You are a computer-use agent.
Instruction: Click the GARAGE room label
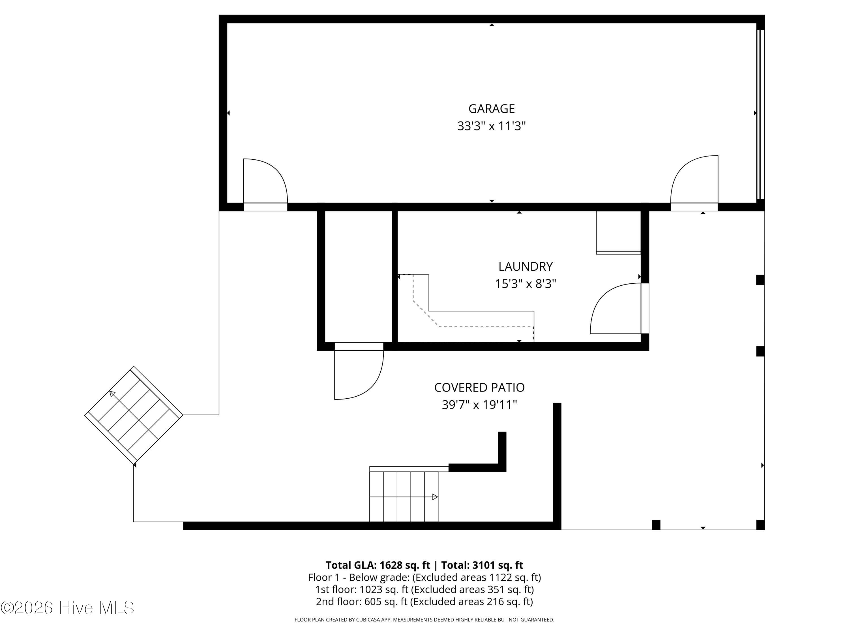tap(491, 109)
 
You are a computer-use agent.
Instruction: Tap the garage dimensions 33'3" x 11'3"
tap(491, 126)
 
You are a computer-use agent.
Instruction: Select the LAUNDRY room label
tap(526, 266)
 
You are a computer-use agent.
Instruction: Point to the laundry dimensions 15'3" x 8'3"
tap(526, 284)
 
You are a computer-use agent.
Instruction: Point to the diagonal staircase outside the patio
tap(134, 415)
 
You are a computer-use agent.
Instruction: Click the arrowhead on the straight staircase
tap(435, 497)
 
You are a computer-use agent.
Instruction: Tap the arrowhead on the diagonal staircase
tap(112, 393)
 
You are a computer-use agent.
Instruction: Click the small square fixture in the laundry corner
tap(618, 232)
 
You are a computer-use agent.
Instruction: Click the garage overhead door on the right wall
tap(760, 114)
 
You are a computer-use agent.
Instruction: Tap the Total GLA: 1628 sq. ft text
tap(378, 565)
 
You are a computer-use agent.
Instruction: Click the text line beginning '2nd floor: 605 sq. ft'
tap(424, 601)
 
